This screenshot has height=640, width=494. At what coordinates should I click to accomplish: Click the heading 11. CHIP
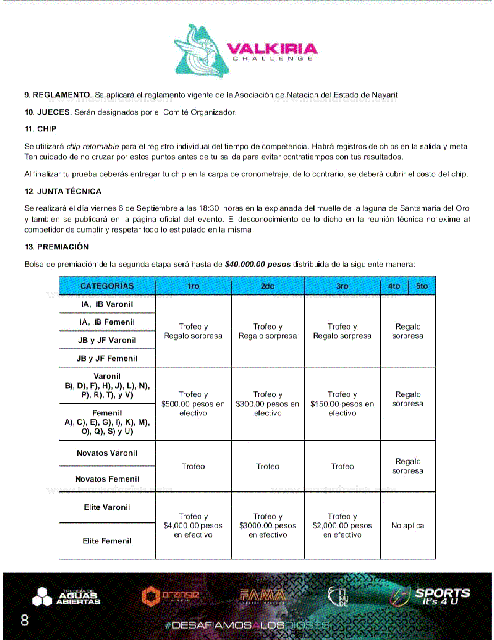(40, 129)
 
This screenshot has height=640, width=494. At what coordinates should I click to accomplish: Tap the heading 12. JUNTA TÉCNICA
(63, 191)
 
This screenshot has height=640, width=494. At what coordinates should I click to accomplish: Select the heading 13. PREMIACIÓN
(57, 247)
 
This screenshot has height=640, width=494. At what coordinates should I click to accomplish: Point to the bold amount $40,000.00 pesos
(258, 265)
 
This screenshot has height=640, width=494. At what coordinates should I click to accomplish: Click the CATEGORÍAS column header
(107, 286)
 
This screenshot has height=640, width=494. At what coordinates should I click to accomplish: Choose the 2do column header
(268, 286)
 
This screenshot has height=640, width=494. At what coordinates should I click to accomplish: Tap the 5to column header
(422, 286)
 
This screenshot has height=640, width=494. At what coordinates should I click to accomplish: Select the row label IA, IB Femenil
(107, 322)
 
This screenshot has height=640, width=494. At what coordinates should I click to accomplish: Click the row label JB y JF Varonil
(107, 340)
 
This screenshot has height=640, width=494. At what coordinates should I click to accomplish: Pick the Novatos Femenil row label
(107, 479)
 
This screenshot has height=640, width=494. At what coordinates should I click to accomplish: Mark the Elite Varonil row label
(107, 507)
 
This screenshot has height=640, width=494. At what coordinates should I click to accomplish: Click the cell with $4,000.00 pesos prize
(193, 526)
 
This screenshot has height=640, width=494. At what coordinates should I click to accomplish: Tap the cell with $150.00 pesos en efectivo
(342, 404)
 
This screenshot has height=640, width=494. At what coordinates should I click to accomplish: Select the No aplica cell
(408, 526)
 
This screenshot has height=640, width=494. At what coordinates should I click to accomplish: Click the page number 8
(24, 620)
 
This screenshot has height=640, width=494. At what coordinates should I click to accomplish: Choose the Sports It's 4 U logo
(430, 596)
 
